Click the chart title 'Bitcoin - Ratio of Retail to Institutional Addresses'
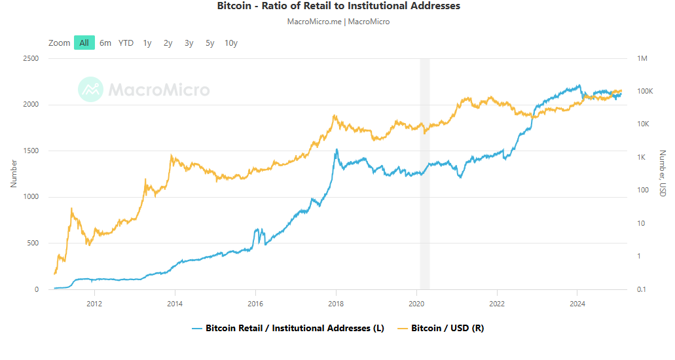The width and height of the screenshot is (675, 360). (338, 6)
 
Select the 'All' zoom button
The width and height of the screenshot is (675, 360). (84, 43)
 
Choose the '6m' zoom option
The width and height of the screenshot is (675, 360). (105, 43)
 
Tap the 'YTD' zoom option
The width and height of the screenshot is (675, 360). (126, 43)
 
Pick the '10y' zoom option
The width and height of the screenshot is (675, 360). (231, 43)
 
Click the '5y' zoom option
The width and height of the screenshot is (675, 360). (210, 43)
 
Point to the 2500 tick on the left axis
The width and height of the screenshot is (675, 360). (31, 59)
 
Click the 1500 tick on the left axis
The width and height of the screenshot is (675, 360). (31, 151)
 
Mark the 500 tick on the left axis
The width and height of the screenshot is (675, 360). (33, 243)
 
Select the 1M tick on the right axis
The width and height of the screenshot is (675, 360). (642, 59)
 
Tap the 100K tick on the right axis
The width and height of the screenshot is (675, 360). (646, 92)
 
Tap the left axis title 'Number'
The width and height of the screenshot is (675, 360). (14, 174)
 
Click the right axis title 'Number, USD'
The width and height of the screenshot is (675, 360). (662, 174)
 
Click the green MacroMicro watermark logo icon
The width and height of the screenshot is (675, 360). (90, 90)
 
